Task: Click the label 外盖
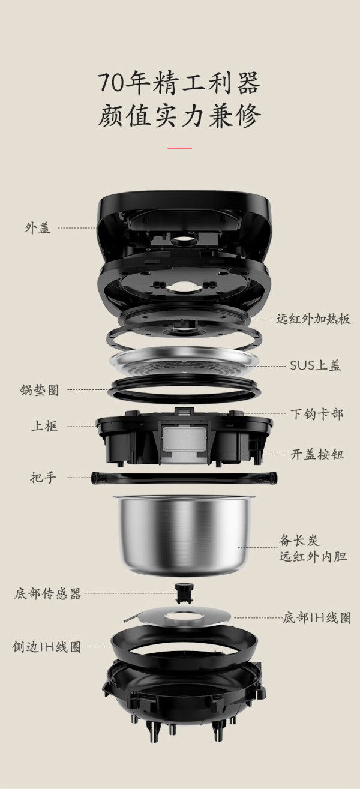click(x=38, y=228)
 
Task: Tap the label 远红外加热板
click(x=314, y=319)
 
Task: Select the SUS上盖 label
click(x=315, y=365)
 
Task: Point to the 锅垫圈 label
click(x=40, y=390)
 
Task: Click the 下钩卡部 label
click(x=317, y=414)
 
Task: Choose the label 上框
click(x=44, y=426)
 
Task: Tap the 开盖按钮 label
click(x=317, y=454)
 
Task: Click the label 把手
click(x=43, y=478)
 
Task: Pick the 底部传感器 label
click(x=48, y=593)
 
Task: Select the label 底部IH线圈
click(x=317, y=617)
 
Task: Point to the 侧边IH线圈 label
click(x=47, y=647)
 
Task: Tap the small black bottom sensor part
click(x=184, y=593)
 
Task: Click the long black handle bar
click(x=184, y=478)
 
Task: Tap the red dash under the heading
click(x=179, y=148)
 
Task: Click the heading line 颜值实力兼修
click(x=179, y=116)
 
